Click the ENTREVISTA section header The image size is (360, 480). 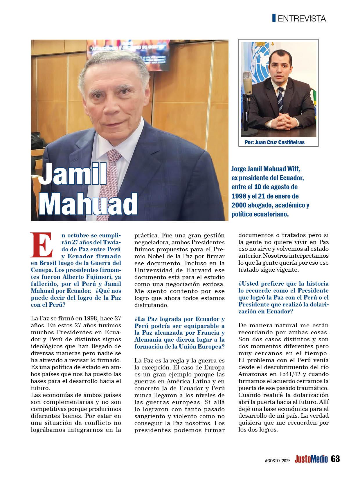point(302,19)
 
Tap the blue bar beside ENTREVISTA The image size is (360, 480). point(274,18)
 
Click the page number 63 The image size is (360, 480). point(335,459)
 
